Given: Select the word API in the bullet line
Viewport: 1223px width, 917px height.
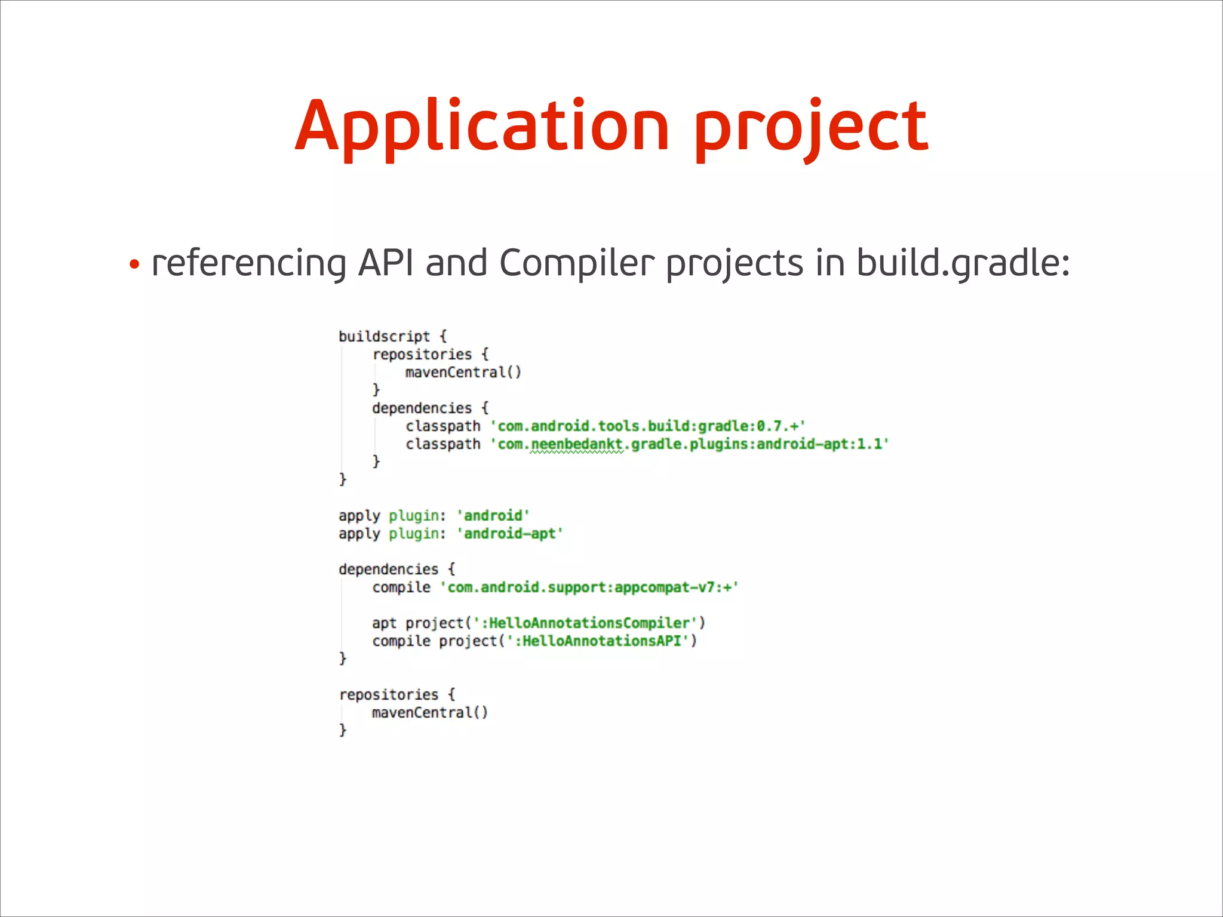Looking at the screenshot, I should (x=385, y=263).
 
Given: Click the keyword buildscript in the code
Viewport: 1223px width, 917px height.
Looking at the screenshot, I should (x=384, y=336).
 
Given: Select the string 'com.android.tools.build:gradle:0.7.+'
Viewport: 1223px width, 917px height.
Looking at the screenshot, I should (x=648, y=426).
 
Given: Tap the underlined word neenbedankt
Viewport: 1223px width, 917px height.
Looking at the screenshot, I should (x=576, y=444).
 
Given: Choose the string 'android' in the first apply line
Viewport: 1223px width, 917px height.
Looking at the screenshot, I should (x=493, y=516).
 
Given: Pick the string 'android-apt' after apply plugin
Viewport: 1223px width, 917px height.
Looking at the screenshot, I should (x=510, y=534).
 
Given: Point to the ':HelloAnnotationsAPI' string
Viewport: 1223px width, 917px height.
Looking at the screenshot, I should (x=597, y=641).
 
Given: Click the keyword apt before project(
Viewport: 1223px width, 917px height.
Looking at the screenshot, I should (x=384, y=623).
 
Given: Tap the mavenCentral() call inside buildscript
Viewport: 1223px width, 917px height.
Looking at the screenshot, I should (x=463, y=373).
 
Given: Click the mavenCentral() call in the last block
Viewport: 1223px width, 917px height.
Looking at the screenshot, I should (x=429, y=713).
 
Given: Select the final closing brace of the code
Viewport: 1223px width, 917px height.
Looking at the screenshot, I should (x=343, y=730).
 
